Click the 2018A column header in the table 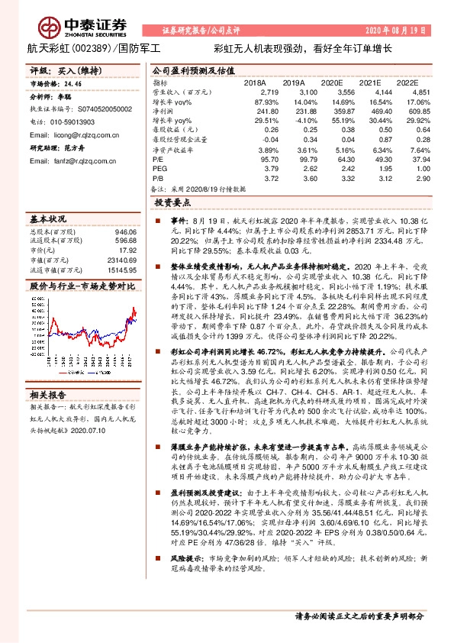tap(254, 82)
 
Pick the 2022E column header tap(408, 82)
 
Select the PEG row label tap(159, 167)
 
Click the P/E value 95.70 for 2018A tap(257, 158)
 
